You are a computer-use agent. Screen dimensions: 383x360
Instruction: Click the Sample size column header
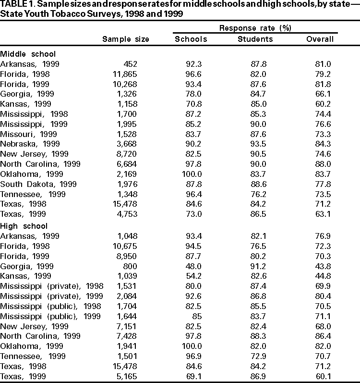click(126, 39)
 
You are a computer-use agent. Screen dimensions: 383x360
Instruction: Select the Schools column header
click(191, 39)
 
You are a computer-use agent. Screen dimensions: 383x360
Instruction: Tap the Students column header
click(255, 39)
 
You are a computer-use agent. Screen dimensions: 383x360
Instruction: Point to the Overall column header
click(320, 39)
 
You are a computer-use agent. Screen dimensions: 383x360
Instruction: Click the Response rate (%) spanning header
click(255, 28)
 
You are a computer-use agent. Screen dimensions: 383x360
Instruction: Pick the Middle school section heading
click(28, 54)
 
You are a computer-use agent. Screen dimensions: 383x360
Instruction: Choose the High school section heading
click(24, 226)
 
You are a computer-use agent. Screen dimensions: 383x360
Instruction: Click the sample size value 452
click(131, 64)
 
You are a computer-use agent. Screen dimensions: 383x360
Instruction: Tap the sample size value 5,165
click(127, 376)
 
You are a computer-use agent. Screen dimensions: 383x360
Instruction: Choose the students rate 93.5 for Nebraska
click(259, 144)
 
